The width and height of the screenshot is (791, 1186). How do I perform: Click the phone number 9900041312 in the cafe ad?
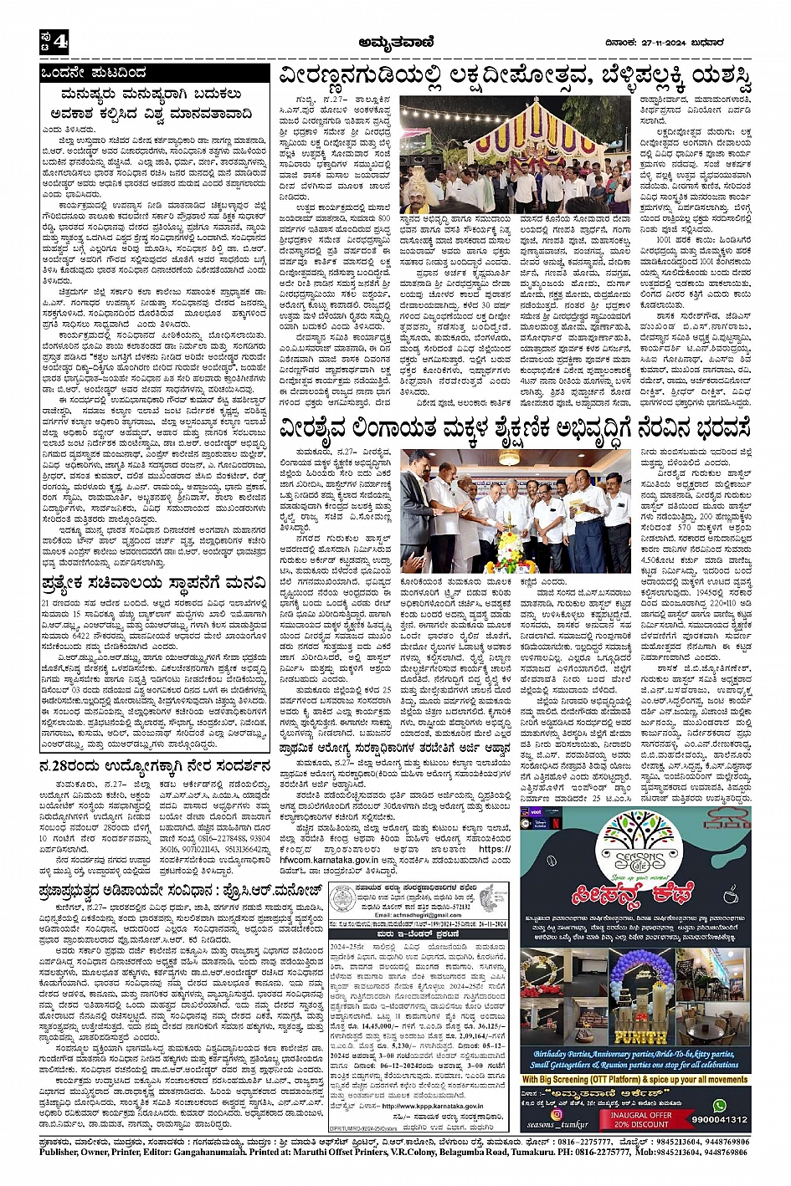pyautogui.click(x=720, y=1120)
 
